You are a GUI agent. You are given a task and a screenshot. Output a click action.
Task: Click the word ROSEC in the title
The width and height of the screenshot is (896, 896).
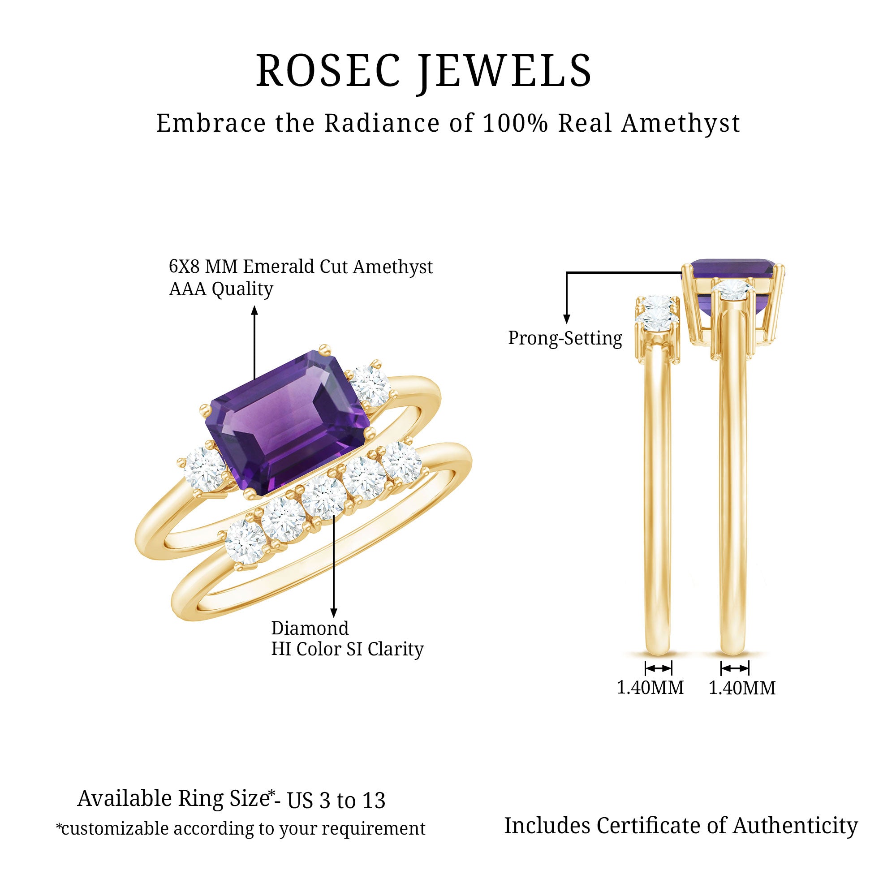(x=328, y=70)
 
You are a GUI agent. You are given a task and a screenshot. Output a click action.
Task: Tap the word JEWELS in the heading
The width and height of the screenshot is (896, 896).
(x=505, y=71)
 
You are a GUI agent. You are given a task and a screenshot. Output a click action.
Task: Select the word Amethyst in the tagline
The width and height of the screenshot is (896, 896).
(x=681, y=124)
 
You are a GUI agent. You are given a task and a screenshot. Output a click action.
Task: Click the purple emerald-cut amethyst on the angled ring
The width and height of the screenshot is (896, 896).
(x=287, y=423)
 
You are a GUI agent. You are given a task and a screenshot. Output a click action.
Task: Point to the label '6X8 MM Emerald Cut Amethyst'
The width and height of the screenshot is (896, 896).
(x=301, y=267)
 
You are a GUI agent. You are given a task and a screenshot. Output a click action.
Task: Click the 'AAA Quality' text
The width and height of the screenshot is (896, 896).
(x=221, y=289)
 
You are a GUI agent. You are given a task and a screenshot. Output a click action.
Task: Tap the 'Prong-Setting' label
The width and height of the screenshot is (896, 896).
(x=565, y=338)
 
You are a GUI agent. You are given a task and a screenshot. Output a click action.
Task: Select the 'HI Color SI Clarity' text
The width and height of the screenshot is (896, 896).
(x=347, y=649)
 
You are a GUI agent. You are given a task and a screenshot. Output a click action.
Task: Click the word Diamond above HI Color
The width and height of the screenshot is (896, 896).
(x=310, y=629)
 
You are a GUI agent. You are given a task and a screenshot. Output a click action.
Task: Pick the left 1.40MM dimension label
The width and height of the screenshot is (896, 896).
(x=650, y=688)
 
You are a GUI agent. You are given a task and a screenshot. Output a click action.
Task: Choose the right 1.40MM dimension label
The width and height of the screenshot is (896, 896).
(x=741, y=688)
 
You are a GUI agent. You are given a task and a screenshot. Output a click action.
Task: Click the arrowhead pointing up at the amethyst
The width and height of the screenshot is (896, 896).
(x=254, y=310)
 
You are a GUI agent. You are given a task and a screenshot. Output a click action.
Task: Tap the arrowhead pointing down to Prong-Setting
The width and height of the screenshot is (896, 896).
(x=566, y=319)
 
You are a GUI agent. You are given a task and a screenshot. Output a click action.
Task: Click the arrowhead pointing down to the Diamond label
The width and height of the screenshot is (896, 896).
(x=333, y=613)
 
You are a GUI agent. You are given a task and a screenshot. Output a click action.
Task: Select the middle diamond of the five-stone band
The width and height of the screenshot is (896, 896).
(x=323, y=498)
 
